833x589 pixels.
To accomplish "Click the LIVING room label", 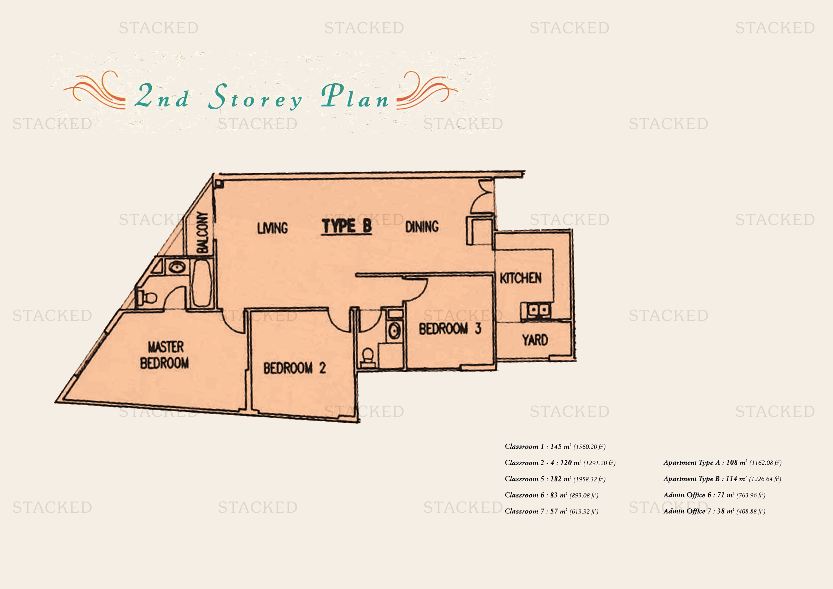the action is (272, 228).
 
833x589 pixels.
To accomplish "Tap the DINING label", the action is (422, 227).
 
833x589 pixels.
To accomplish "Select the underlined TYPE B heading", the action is (347, 227).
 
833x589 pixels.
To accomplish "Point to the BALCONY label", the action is (202, 233).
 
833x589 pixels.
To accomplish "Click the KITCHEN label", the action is (521, 278).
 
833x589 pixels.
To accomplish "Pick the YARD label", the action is (535, 340).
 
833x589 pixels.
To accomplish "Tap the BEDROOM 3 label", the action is (450, 329).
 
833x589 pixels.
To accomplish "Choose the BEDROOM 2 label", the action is (295, 368).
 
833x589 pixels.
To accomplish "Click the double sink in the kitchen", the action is (536, 310).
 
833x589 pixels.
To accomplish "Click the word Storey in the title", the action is (255, 97).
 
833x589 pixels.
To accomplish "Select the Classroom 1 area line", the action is (555, 447).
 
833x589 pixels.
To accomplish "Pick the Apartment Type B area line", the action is (722, 479).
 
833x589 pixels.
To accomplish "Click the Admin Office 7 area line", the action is (714, 511).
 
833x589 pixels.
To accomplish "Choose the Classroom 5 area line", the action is (555, 479).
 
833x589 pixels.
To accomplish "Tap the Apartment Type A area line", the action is (722, 463).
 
